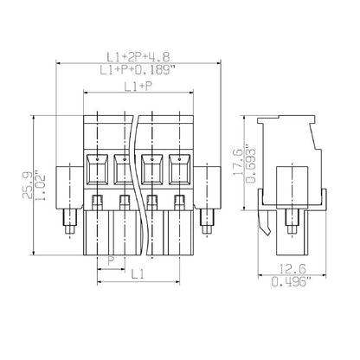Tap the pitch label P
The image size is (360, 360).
point(109,260)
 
